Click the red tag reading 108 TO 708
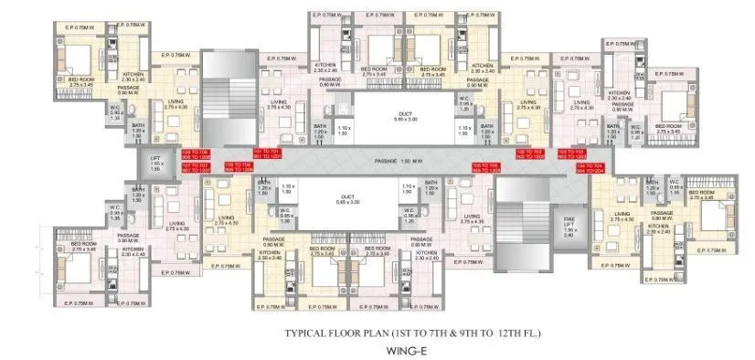point(194,154)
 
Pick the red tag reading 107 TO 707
point(194,168)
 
